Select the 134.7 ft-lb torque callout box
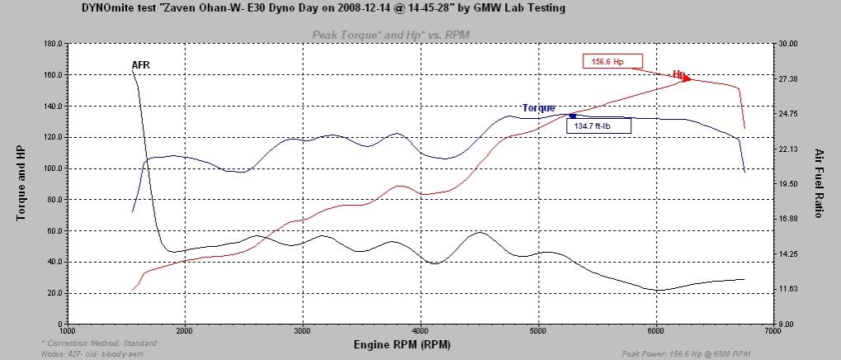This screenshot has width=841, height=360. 598,126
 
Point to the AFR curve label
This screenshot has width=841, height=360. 140,65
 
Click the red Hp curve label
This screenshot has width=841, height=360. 679,74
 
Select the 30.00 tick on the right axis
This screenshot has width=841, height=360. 789,44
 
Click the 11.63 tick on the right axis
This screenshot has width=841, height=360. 789,289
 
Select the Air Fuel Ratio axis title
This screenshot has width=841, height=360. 819,183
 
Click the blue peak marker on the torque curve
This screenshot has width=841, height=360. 572,116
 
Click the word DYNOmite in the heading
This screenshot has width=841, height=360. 106,7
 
